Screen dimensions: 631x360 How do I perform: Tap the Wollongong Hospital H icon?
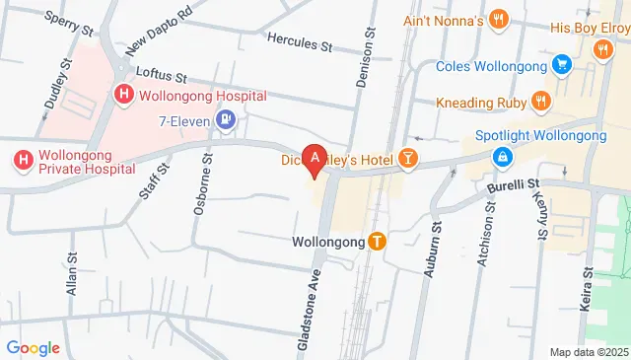pos(124,96)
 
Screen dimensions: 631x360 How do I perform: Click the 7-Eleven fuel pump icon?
pos(228,120)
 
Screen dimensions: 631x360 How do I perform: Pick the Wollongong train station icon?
pos(378,241)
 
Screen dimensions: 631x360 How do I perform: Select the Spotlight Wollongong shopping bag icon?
pos(503,157)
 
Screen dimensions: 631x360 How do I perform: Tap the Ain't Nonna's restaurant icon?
pos(500,19)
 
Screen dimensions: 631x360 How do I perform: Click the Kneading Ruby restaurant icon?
pos(540,102)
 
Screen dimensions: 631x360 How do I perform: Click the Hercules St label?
pos(301,42)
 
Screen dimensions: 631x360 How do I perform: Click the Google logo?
pos(34,347)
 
